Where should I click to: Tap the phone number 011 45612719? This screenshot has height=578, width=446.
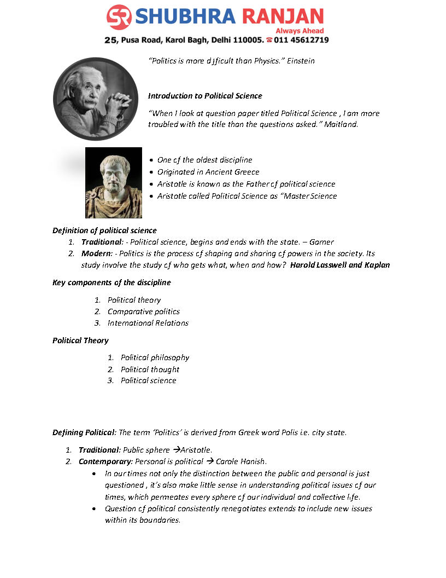point(302,40)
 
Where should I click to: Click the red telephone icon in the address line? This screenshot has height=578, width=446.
point(269,40)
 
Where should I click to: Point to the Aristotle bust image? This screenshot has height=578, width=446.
point(114,183)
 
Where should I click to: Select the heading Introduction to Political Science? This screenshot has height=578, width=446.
point(205,96)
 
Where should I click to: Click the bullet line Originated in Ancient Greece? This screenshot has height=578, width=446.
point(208,172)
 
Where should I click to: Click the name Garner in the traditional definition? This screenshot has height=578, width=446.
point(321,242)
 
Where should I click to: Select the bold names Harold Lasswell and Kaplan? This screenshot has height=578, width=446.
point(340,265)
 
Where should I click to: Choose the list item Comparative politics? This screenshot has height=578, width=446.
point(143,311)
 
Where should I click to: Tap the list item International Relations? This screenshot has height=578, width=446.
point(148,323)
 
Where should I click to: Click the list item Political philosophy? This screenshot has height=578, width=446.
point(155,357)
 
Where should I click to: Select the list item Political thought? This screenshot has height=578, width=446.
point(150,369)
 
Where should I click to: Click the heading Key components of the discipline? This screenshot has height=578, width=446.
point(111,282)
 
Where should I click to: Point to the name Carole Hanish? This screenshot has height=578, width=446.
point(241,461)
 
